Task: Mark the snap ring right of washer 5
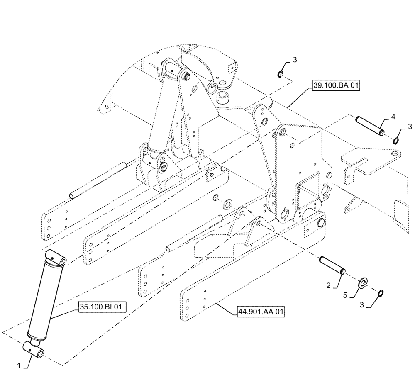click(x=381, y=294)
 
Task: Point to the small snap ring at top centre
click(x=281, y=74)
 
